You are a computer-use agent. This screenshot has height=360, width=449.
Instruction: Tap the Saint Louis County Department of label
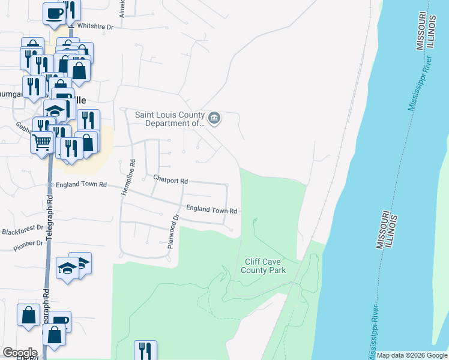(170, 119)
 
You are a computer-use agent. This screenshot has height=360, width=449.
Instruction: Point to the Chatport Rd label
(170, 180)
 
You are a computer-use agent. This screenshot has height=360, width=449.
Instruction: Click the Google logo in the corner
(20, 352)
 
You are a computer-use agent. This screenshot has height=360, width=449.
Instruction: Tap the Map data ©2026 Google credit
(412, 355)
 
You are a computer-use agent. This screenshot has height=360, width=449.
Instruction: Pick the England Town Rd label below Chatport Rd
(212, 210)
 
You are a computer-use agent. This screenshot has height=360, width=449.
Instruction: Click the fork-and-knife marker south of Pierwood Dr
(145, 350)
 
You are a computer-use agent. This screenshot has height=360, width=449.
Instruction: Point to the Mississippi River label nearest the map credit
(371, 331)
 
